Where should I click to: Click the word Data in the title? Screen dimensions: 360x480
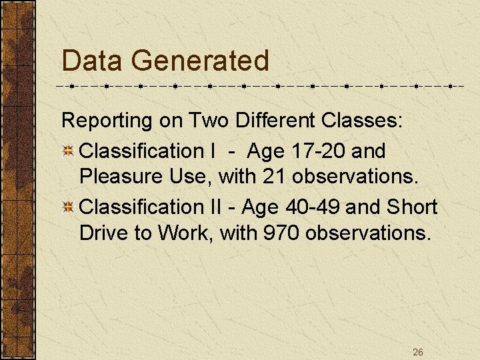click(x=92, y=61)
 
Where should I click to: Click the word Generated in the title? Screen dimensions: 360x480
click(x=200, y=61)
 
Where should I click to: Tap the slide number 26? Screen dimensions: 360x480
click(x=418, y=351)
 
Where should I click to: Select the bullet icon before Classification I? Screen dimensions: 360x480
click(x=68, y=151)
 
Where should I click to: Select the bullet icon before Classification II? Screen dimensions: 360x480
click(x=68, y=207)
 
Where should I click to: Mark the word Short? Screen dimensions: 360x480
click(x=411, y=207)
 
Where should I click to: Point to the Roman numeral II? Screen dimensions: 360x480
click(x=214, y=207)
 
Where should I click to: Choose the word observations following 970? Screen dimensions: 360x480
click(x=367, y=233)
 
